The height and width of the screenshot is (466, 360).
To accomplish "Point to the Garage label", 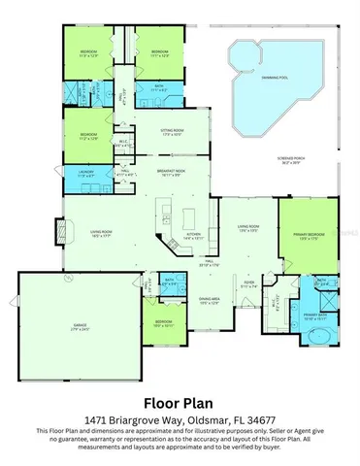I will [x=81, y=328].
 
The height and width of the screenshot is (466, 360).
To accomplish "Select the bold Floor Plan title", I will [x=180, y=401].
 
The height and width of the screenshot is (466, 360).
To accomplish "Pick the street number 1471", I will [x=97, y=419].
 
